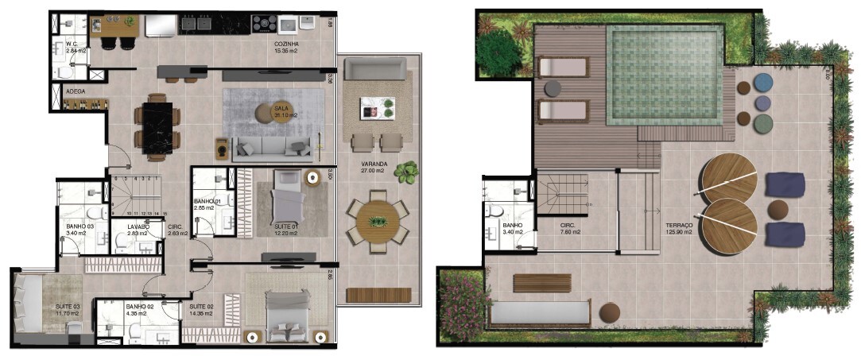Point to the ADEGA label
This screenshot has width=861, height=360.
76,91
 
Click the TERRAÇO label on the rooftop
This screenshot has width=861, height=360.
680,226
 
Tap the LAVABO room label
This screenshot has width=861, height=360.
139,226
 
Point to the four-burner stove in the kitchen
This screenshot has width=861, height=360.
263,24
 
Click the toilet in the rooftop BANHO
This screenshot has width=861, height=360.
494,212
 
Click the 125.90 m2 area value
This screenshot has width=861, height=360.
681,233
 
